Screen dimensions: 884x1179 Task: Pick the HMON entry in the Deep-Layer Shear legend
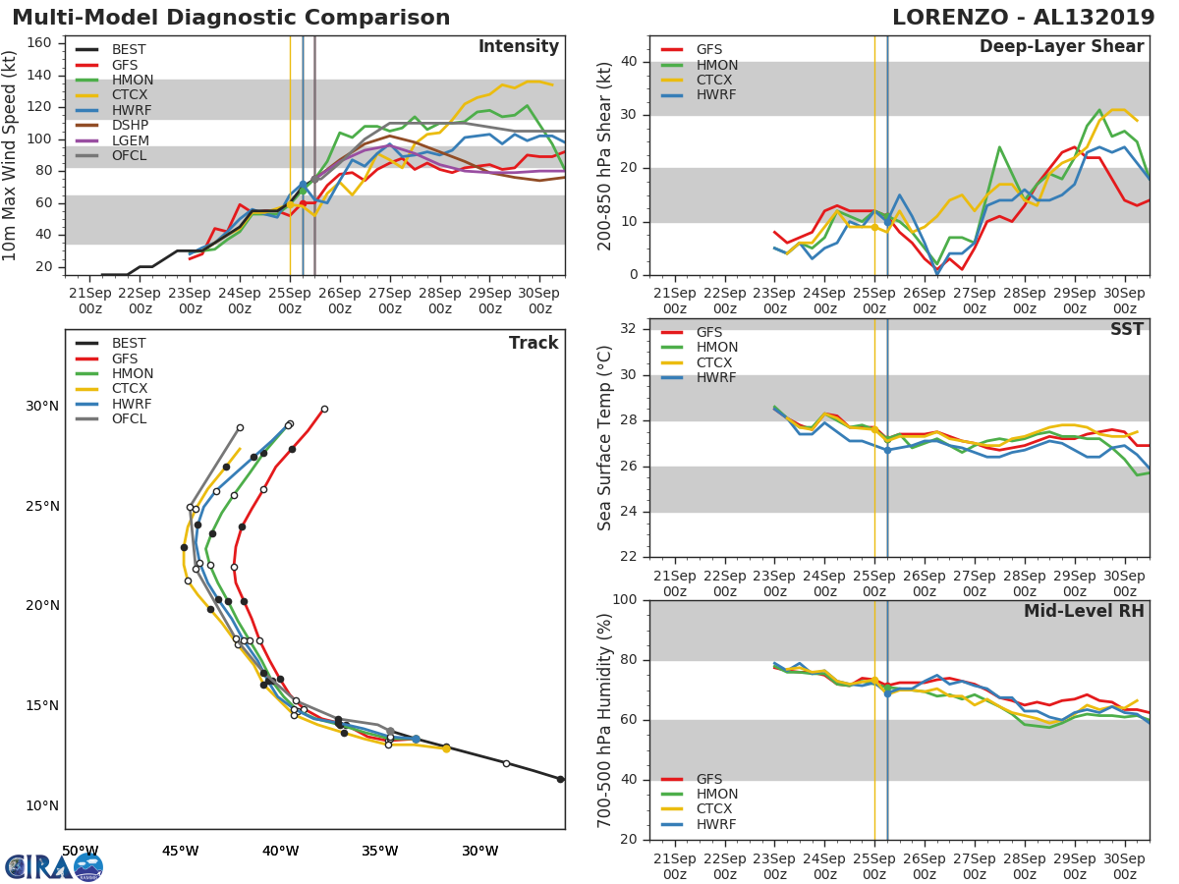[716, 65]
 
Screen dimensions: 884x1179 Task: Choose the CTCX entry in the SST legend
[716, 362]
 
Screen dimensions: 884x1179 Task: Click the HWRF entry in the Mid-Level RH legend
[716, 824]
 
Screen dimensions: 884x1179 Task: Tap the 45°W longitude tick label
[180, 851]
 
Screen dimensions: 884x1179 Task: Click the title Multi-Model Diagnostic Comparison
[231, 18]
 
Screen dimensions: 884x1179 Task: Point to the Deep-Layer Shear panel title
[1061, 47]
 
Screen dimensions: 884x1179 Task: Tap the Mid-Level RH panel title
[1084, 611]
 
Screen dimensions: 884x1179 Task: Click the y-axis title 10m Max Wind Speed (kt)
[11, 155]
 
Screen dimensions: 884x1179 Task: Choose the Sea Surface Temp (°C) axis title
[605, 437]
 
